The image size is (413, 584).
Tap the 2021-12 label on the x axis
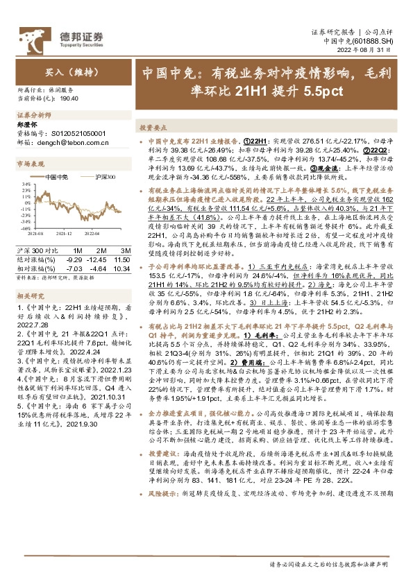[x=64, y=234]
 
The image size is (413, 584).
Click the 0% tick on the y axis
[x=25, y=202]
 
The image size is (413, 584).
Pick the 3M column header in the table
[x=126, y=249]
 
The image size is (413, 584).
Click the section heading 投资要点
[x=153, y=128]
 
